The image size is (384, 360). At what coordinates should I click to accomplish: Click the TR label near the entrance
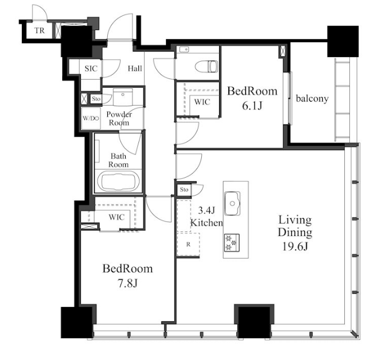(x=39, y=31)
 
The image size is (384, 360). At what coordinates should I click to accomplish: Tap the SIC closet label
(x=91, y=69)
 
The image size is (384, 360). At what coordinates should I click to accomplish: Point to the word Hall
(x=135, y=68)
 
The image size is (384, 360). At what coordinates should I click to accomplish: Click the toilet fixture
(x=206, y=66)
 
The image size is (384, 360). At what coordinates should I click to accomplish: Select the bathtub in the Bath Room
(x=118, y=182)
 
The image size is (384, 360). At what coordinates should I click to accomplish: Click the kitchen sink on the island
(x=232, y=204)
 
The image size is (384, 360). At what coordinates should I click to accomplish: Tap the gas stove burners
(x=232, y=243)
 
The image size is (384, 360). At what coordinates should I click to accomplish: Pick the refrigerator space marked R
(x=188, y=245)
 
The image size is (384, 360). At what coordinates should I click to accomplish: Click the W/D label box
(x=91, y=118)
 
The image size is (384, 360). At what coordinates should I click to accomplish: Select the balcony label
(x=313, y=99)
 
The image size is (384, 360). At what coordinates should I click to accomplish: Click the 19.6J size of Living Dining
(x=295, y=246)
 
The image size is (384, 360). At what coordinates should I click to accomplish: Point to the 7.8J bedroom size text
(x=127, y=283)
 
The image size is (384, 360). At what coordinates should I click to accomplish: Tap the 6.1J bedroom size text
(x=252, y=106)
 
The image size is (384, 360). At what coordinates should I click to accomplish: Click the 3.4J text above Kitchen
(x=206, y=210)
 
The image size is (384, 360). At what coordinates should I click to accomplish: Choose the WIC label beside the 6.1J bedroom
(x=202, y=102)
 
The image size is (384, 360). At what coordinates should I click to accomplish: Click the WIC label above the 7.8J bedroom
(x=116, y=217)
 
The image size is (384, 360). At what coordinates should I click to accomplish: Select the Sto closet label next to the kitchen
(x=184, y=189)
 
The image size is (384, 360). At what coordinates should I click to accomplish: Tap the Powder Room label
(x=119, y=118)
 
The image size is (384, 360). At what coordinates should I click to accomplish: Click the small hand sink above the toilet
(x=184, y=50)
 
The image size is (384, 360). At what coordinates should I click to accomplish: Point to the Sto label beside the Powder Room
(x=96, y=99)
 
